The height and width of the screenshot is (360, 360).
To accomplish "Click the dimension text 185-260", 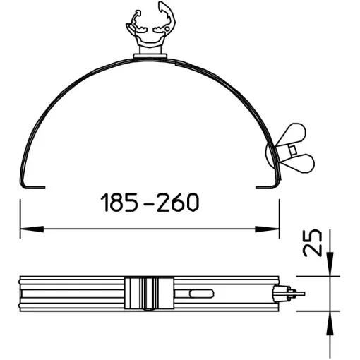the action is point(150,202).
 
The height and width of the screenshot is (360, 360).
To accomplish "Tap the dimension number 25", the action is point(312,243).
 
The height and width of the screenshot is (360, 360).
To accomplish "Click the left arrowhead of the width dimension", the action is point(32,229).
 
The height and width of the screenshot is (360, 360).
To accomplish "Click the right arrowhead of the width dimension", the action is point(267,229).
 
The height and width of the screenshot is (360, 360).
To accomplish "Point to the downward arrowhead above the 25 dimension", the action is point(330,264).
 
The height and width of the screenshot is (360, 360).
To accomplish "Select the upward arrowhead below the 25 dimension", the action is point(330,323).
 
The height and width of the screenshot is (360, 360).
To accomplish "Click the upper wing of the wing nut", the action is point(294,134).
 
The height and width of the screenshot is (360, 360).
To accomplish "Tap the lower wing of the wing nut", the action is point(301,163).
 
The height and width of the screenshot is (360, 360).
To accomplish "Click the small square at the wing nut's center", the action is point(292,150).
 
